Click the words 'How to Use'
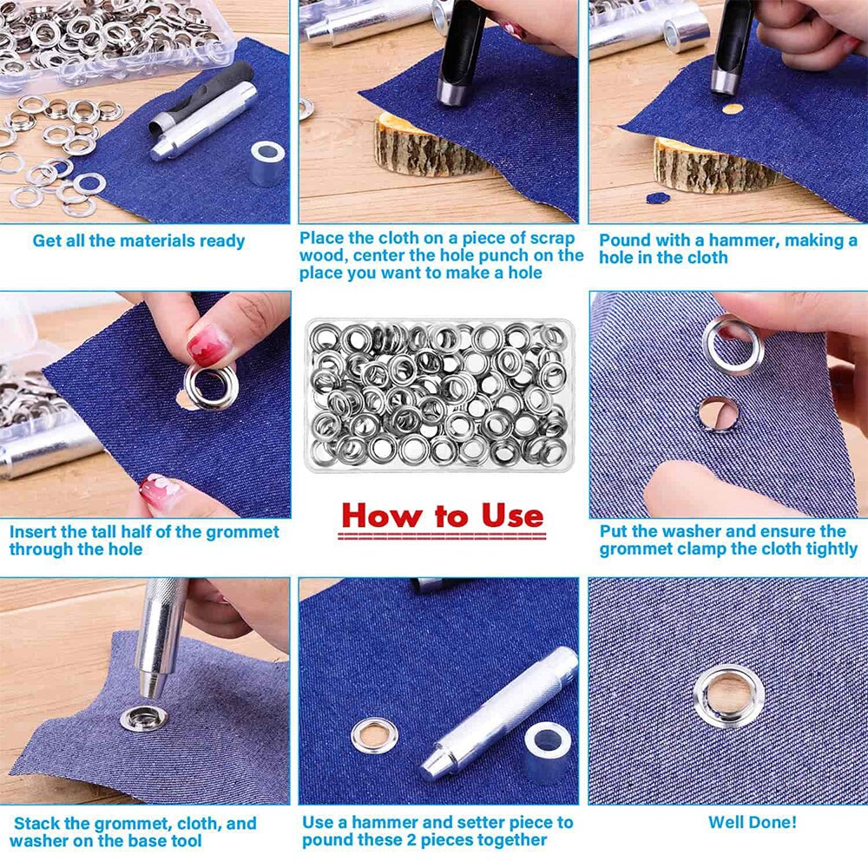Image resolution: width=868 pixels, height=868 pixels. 442,515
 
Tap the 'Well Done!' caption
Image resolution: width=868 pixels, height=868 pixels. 752,822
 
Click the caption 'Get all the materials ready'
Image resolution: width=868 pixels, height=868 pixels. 139,240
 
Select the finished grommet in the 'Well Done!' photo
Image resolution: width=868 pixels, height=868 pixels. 728,695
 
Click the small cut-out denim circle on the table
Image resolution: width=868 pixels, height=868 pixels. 658,198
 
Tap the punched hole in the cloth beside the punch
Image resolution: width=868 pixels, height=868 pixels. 733,109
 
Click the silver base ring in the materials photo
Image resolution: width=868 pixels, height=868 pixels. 267,161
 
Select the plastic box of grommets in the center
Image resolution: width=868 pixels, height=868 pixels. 439,396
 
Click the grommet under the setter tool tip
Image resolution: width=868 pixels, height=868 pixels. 143,718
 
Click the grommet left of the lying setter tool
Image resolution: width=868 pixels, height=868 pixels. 374,735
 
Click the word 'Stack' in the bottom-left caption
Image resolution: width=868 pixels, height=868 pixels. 41,823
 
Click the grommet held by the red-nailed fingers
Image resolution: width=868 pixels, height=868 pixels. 210,386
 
